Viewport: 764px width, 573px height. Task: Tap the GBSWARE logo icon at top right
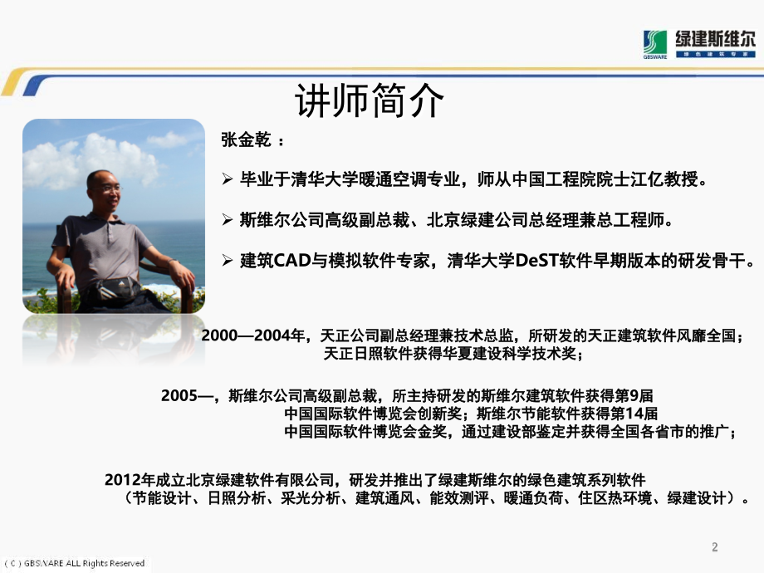tap(655, 43)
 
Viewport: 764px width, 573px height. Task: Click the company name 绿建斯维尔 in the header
tap(715, 38)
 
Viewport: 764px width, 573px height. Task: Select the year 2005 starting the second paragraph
tap(179, 395)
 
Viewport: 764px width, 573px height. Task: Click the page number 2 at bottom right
tap(715, 546)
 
